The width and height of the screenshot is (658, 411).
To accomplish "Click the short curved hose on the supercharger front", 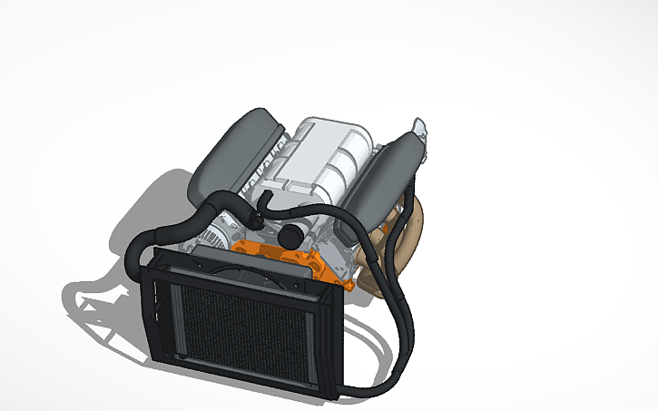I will pyautogui.click(x=263, y=204).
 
